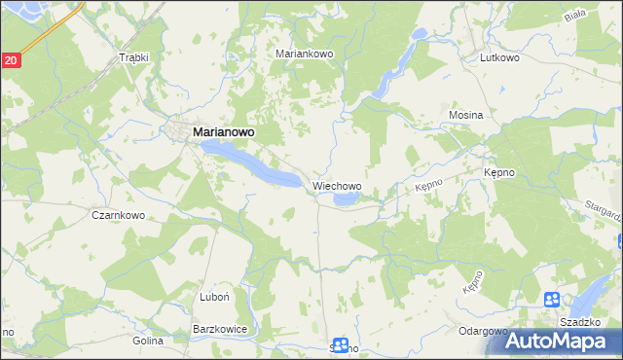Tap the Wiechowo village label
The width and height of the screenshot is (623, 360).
click(x=337, y=185)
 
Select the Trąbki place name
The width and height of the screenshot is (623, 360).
click(x=133, y=57)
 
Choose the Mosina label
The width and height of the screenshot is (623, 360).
click(x=465, y=115)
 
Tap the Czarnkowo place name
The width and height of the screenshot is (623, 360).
click(x=118, y=215)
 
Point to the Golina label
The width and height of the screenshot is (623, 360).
click(x=147, y=342)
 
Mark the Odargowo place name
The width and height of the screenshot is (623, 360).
click(x=483, y=331)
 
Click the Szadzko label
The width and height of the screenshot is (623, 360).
click(x=579, y=321)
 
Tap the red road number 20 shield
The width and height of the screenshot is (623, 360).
click(x=10, y=60)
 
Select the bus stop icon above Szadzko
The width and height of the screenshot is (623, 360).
click(x=552, y=300)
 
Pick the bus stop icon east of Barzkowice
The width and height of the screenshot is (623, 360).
click(x=340, y=343)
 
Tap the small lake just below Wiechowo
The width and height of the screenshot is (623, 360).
click(x=346, y=199)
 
